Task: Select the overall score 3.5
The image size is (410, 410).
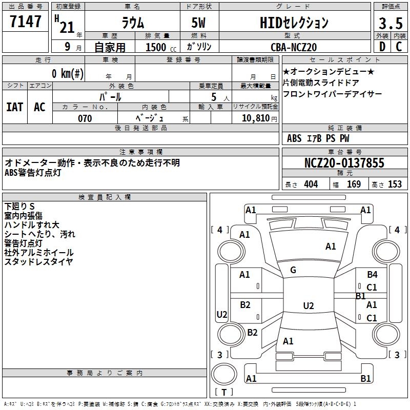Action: pyautogui.click(x=389, y=24)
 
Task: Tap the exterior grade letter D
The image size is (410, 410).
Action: pyautogui.click(x=381, y=47)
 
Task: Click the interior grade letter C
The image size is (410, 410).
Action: pyautogui.click(x=398, y=47)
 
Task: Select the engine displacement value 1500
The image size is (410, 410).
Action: pyautogui.click(x=156, y=47)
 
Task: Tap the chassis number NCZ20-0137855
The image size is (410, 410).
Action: pyautogui.click(x=344, y=163)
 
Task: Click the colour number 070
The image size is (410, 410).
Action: pyautogui.click(x=85, y=118)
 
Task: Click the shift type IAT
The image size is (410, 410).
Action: pyautogui.click(x=14, y=107)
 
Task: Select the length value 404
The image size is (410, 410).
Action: pyautogui.click(x=311, y=184)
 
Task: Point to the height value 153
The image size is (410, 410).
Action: pyautogui.click(x=395, y=184)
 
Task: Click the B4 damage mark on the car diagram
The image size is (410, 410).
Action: pyautogui.click(x=372, y=275)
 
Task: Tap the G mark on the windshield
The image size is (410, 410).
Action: pyautogui.click(x=293, y=270)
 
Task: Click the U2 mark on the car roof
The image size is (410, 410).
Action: pyautogui.click(x=308, y=306)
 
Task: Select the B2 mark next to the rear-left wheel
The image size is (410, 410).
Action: pyautogui.click(x=252, y=333)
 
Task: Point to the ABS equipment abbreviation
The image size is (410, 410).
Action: pyautogui.click(x=294, y=138)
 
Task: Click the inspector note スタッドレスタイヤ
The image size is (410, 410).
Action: pyautogui.click(x=38, y=262)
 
